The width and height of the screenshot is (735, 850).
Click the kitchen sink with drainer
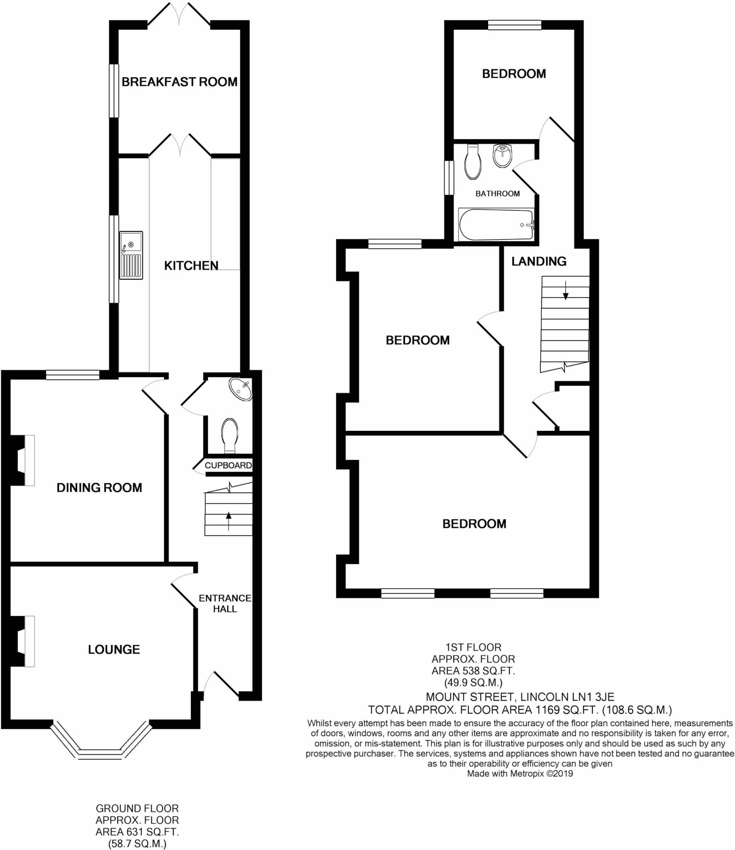[131, 255]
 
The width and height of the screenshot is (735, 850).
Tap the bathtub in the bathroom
[496, 225]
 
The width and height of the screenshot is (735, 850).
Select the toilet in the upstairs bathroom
[473, 163]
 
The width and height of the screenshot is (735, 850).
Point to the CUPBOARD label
[228, 465]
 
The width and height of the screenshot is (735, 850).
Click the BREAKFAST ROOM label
[179, 82]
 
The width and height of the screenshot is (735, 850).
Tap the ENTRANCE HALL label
[225, 603]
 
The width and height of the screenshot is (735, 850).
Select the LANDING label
[539, 261]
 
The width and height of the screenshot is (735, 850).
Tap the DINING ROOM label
[99, 487]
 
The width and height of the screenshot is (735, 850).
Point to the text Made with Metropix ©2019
[520, 773]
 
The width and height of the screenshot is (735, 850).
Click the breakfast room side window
[114, 90]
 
